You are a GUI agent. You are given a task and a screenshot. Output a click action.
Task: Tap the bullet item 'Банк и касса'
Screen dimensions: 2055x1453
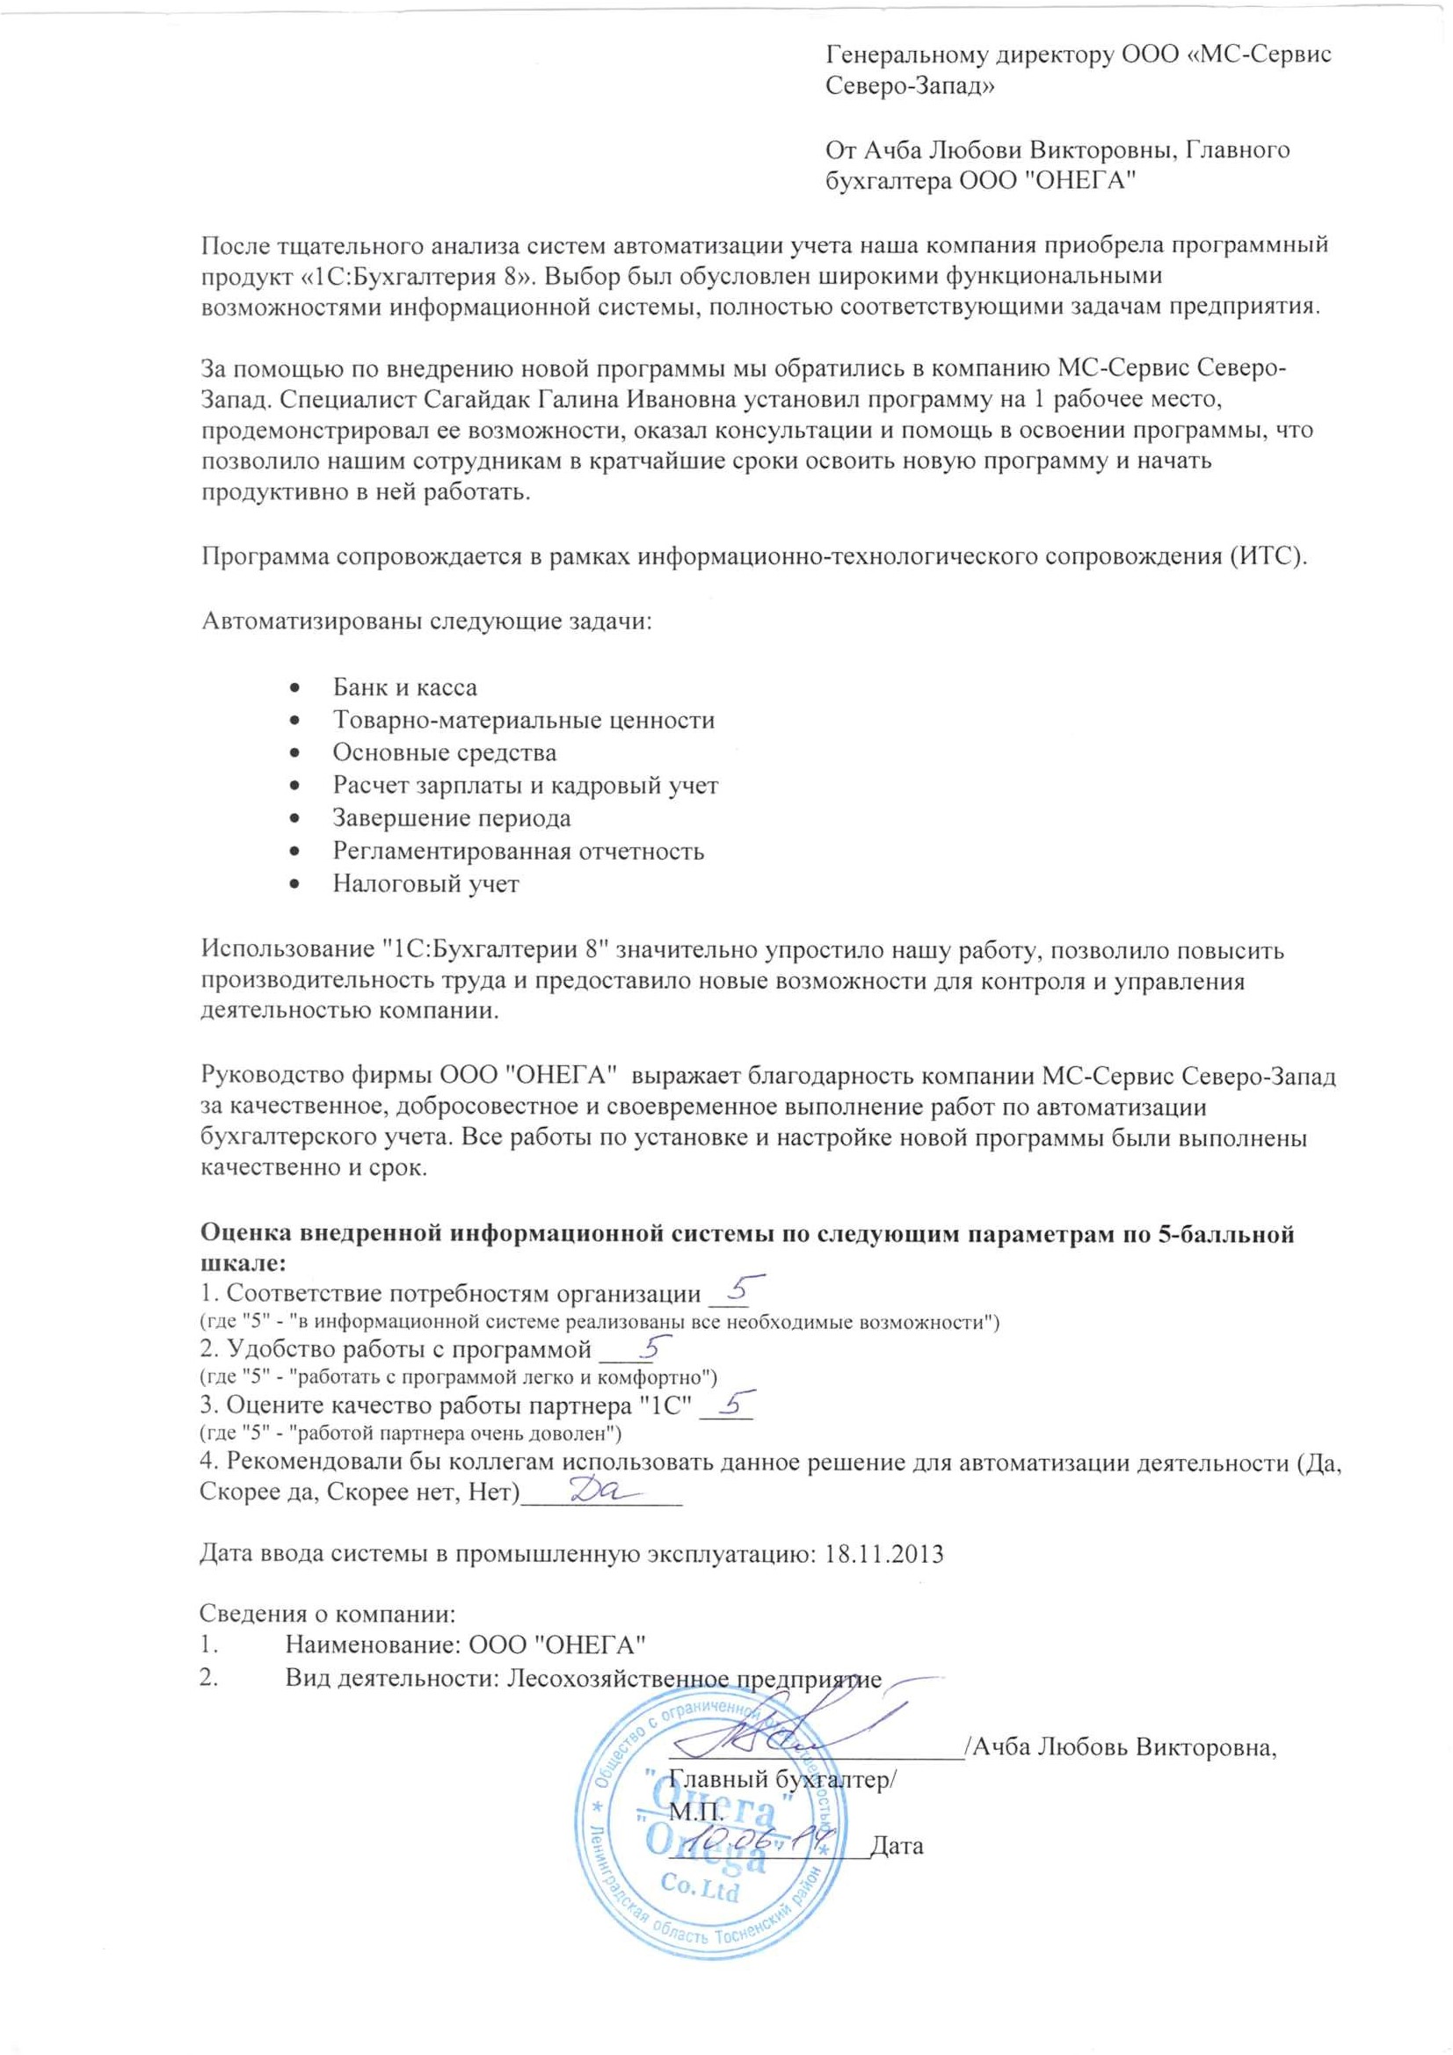[404, 687]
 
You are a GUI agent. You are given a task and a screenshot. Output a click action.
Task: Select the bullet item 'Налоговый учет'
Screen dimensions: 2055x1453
[425, 884]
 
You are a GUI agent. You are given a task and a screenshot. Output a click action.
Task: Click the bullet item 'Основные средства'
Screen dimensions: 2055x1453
[444, 752]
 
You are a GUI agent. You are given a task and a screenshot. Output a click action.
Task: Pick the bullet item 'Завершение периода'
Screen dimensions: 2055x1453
[451, 818]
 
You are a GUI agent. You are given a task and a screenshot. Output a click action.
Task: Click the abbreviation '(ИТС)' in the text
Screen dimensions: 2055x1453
[1273, 556]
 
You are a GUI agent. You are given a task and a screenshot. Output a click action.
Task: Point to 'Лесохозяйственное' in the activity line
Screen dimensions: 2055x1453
[619, 1678]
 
